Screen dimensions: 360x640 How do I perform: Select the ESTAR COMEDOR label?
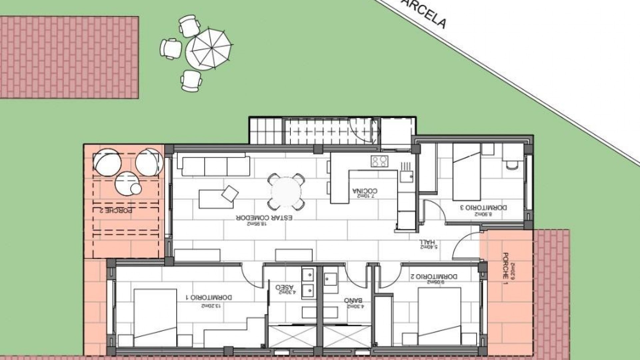[264, 217]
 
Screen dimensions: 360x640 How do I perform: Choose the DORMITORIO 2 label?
[434, 276]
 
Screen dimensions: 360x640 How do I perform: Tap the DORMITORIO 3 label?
[484, 207]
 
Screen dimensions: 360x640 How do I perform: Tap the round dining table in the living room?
[286, 192]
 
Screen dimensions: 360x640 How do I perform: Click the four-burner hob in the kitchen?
[379, 161]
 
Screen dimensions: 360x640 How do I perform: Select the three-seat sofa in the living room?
[215, 165]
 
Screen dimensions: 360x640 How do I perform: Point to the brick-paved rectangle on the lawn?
[69, 57]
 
